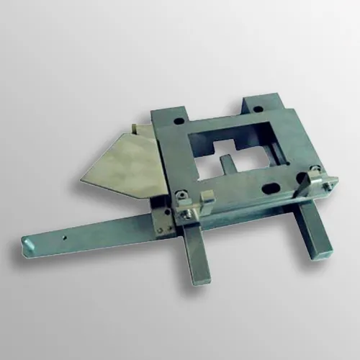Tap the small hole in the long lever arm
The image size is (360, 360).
click(x=63, y=234)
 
